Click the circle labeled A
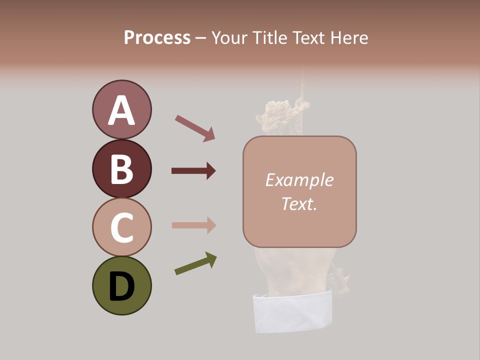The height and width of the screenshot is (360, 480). (121, 110)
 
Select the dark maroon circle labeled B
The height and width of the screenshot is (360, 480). (121, 169)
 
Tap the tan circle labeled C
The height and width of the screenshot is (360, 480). (121, 227)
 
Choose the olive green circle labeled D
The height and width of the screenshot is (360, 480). (121, 286)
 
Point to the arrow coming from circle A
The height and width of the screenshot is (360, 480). (194, 127)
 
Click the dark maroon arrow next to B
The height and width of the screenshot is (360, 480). (193, 171)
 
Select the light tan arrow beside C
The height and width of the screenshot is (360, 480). (193, 225)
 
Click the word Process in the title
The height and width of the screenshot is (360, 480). (157, 38)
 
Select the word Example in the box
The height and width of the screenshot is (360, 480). (299, 180)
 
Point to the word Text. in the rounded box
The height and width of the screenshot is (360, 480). (299, 203)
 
